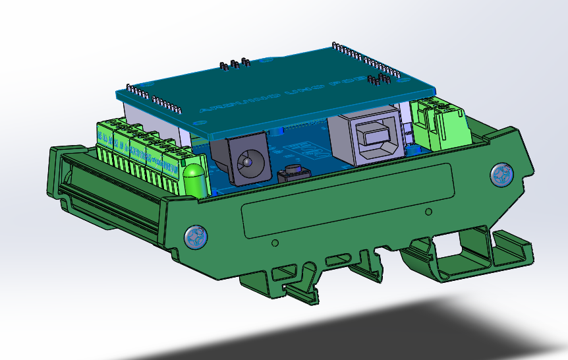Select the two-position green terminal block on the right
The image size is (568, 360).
(440, 125)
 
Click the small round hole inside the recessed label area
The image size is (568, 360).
(429, 212)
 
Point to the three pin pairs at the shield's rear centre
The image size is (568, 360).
(234, 65)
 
